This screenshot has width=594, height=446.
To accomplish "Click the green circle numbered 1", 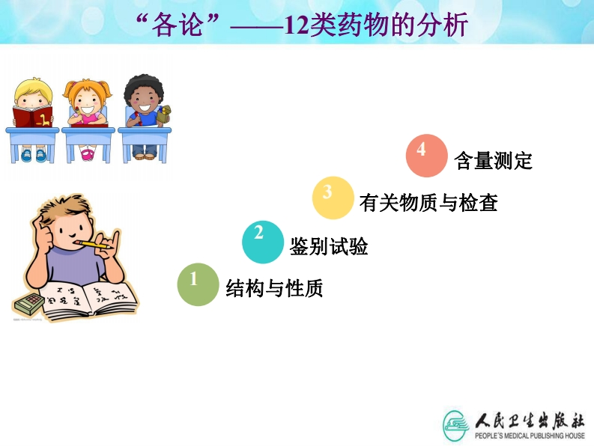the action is click(x=198, y=284).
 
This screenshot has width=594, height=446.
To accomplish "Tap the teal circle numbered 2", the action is click(x=263, y=242).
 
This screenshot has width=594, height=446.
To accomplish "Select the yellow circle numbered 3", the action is click(x=333, y=198).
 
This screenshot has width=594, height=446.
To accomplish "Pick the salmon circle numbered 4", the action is click(x=426, y=155).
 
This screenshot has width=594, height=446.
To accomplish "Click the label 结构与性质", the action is click(x=274, y=288).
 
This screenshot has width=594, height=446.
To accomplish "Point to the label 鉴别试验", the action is click(x=329, y=246).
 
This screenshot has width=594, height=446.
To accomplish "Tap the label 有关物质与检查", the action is click(x=428, y=202).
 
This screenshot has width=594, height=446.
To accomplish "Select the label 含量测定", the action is click(x=493, y=160).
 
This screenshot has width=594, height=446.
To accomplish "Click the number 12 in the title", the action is click(x=297, y=25).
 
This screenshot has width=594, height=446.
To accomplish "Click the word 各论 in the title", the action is click(x=177, y=25).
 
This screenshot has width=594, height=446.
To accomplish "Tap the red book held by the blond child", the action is click(x=32, y=117).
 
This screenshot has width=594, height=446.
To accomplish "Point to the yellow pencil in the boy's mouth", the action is click(x=93, y=245).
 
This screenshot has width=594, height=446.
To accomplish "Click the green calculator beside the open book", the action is click(x=28, y=303).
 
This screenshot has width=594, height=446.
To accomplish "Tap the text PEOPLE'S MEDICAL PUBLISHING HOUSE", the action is click(x=530, y=436).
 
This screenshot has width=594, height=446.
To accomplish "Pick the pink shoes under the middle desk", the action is click(x=88, y=153).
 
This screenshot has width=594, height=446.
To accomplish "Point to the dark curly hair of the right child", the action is click(x=144, y=87).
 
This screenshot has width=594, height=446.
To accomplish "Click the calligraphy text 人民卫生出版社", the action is click(x=530, y=421).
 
